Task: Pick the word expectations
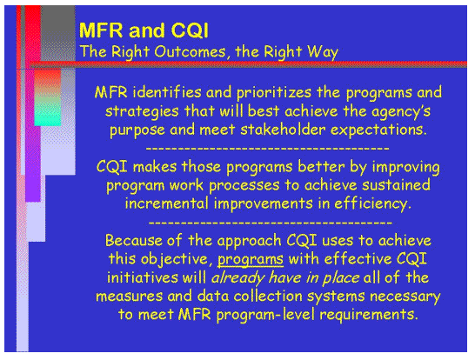point(383,130)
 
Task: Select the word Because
point(133,240)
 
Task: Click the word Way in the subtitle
point(322,51)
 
